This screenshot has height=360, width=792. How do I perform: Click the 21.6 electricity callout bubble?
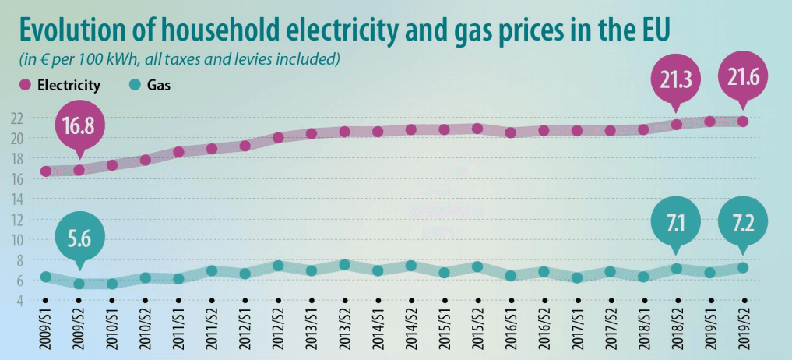coord(742,76)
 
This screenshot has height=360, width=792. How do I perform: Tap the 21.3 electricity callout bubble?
coord(675,76)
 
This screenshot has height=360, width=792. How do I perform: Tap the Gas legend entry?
coord(151,86)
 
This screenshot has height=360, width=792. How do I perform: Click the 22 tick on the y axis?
coord(15,118)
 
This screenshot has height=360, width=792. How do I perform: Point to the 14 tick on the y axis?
coord(15,199)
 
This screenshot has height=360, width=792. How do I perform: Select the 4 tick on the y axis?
coord(17,300)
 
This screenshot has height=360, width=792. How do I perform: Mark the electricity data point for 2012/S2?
coord(278,138)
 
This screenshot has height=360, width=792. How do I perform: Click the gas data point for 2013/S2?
coord(344,265)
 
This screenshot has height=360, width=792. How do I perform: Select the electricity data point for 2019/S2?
coord(743,122)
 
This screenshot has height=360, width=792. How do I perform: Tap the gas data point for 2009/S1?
coord(46,277)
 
